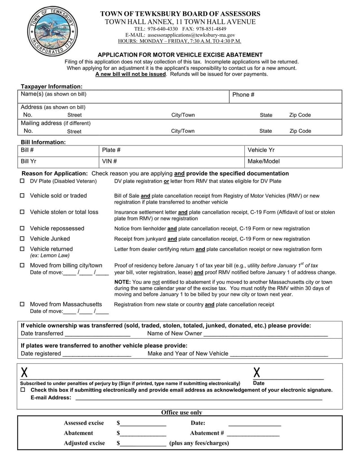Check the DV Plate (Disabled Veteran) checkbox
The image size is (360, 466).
(22, 181)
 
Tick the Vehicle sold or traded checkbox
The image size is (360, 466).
(22, 196)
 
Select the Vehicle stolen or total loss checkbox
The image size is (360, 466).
(22, 212)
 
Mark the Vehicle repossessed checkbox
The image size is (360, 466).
(22, 229)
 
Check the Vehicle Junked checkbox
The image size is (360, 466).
(22, 239)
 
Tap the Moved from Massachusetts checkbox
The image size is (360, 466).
(22, 304)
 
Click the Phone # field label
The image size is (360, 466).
(243, 95)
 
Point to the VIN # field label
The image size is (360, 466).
(109, 161)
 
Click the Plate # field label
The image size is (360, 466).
(111, 150)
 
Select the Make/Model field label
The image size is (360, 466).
(263, 161)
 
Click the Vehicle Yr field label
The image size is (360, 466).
(261, 150)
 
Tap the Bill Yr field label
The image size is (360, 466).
(28, 161)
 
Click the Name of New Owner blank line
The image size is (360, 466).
(265, 334)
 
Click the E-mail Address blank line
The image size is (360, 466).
(198, 398)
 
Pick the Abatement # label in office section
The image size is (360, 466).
(207, 433)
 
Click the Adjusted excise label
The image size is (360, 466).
(84, 443)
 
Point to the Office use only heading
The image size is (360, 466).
(182, 412)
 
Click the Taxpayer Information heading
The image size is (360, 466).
(52, 86)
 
